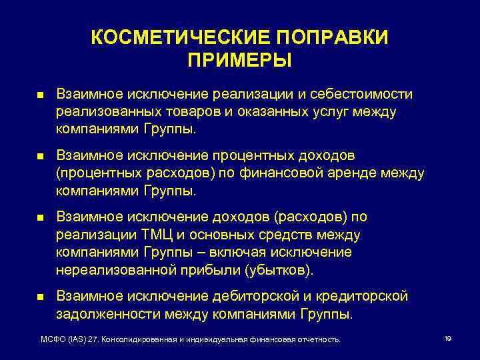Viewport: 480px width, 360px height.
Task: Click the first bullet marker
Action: pos(39,97)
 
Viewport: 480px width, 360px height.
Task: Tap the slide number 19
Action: pos(447,339)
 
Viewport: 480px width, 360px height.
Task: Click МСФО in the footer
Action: pos(53,340)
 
